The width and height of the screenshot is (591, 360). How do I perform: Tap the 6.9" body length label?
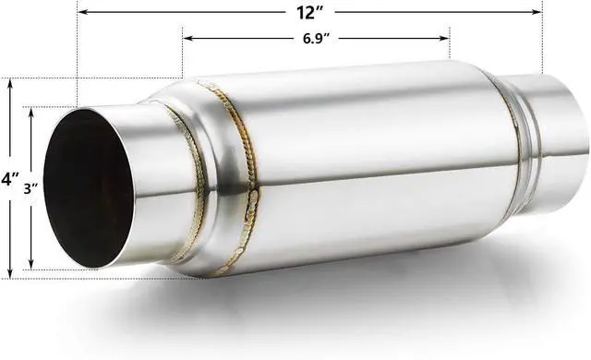[x=317, y=39]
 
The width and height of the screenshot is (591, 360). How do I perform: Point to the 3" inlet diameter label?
[x=30, y=187]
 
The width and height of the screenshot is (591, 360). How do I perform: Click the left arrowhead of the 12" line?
[x=81, y=12]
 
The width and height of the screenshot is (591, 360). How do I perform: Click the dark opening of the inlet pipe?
[x=88, y=189]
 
